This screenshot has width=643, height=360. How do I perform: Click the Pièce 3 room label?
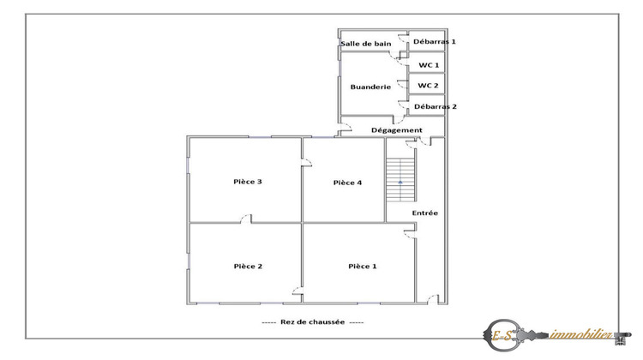click(x=247, y=182)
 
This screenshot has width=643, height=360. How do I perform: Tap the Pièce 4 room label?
click(x=347, y=182)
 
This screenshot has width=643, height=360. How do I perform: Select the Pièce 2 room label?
click(x=248, y=267)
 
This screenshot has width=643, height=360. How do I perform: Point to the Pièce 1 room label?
click(x=362, y=267)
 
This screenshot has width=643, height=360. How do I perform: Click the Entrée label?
click(x=424, y=213)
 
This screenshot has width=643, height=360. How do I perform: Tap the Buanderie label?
click(x=370, y=87)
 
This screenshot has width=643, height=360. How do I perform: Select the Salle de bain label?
click(x=367, y=43)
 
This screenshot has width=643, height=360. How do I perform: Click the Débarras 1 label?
click(x=435, y=41)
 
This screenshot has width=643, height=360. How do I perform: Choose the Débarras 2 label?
click(x=435, y=106)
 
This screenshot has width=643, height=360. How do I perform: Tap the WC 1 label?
click(x=429, y=65)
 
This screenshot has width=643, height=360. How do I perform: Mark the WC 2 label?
click(x=429, y=85)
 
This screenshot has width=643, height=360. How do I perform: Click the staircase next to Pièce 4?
click(x=400, y=179)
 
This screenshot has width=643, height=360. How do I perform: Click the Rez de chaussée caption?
click(x=312, y=322)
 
